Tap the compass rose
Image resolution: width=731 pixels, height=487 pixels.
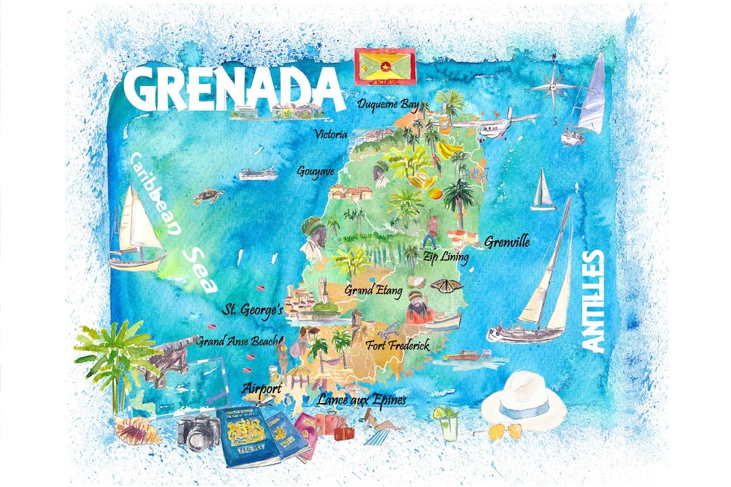pyautogui.click(x=554, y=87)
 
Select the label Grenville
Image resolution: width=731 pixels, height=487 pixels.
pyautogui.click(x=506, y=241)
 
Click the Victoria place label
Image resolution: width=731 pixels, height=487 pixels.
pyautogui.click(x=331, y=135)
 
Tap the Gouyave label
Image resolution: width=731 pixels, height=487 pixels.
pyautogui.click(x=315, y=172)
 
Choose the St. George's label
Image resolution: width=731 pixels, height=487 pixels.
pyautogui.click(x=254, y=310)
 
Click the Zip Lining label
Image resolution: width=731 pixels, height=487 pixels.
pyautogui.click(x=445, y=257)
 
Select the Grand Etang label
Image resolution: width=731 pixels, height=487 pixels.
pyautogui.click(x=374, y=290)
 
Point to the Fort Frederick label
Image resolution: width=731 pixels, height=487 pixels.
pyautogui.click(x=397, y=346)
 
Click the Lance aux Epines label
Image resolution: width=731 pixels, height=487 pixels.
pyautogui.click(x=361, y=400)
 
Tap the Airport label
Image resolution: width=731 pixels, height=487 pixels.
pyautogui.click(x=262, y=388)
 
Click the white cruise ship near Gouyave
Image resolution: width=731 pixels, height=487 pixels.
pyautogui.click(x=258, y=174)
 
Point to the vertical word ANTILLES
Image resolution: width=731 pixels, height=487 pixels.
pyautogui.click(x=592, y=300)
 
